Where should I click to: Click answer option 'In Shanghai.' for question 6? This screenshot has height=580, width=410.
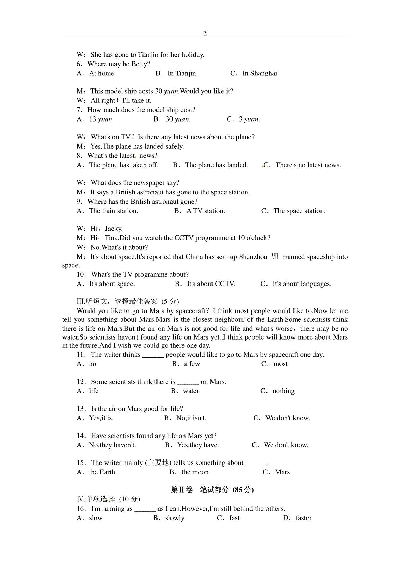pos(260,73)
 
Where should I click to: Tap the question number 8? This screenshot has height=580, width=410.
pos(79,156)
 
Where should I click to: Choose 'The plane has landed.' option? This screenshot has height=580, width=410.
pos(216,165)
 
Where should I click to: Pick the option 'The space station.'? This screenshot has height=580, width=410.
pos(299,211)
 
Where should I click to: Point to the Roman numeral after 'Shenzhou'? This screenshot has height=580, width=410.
pos(275,257)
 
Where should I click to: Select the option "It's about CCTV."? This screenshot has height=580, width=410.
pos(210,284)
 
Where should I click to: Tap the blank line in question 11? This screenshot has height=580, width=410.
pos(153,355)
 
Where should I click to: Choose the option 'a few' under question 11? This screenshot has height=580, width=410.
pos(192,364)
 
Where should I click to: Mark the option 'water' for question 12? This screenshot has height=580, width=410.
pos(191,391)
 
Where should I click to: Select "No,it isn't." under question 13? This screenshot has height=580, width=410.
pos(191,418)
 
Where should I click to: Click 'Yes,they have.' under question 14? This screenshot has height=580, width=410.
pos(198,445)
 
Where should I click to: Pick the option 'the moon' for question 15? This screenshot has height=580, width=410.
pos(195,472)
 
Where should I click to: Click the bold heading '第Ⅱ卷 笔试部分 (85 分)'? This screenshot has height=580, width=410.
pos(212,490)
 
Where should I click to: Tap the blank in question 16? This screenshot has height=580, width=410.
pos(145,509)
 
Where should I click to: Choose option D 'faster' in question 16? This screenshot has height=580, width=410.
pos(303,518)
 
